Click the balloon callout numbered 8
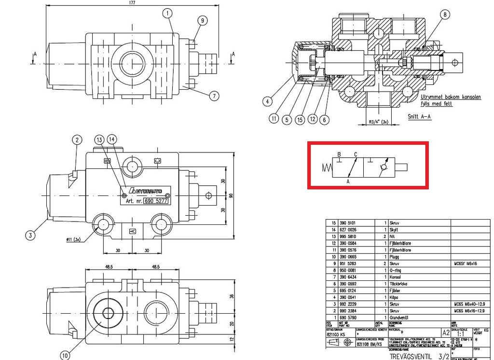(x=444, y=15)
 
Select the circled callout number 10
(x=66, y=355)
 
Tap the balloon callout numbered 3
(x=30, y=235)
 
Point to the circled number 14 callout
(x=112, y=139)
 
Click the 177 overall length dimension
(x=132, y=3)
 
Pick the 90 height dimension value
(x=231, y=195)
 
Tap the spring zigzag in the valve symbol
(x=327, y=167)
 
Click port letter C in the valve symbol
(x=356, y=154)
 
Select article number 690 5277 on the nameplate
(x=155, y=201)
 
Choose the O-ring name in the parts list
(x=396, y=270)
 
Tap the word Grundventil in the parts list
(x=401, y=318)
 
